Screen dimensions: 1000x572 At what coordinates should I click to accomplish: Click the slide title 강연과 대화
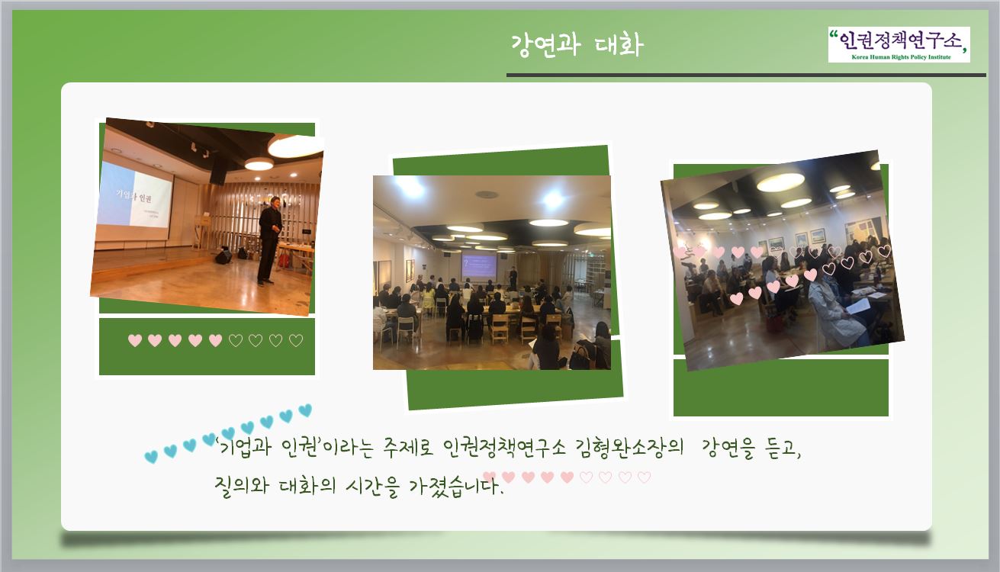577,45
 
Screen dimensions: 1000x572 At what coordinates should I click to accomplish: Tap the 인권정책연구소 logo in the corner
899,44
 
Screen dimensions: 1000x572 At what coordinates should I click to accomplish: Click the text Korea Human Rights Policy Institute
901,57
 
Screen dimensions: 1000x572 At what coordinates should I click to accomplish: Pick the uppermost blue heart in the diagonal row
305,410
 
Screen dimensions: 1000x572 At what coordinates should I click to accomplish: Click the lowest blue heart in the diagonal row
151,456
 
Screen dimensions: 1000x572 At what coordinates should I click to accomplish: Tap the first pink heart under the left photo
135,340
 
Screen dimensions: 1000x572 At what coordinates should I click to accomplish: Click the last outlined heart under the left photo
296,340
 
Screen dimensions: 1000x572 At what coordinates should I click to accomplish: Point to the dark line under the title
746,75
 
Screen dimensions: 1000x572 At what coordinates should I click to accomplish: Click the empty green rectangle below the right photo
781,387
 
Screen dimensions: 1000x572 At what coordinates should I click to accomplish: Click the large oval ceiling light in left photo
295,145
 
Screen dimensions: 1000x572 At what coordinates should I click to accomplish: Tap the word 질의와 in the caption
242,486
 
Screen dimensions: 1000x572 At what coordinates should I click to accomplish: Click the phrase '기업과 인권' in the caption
268,446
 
